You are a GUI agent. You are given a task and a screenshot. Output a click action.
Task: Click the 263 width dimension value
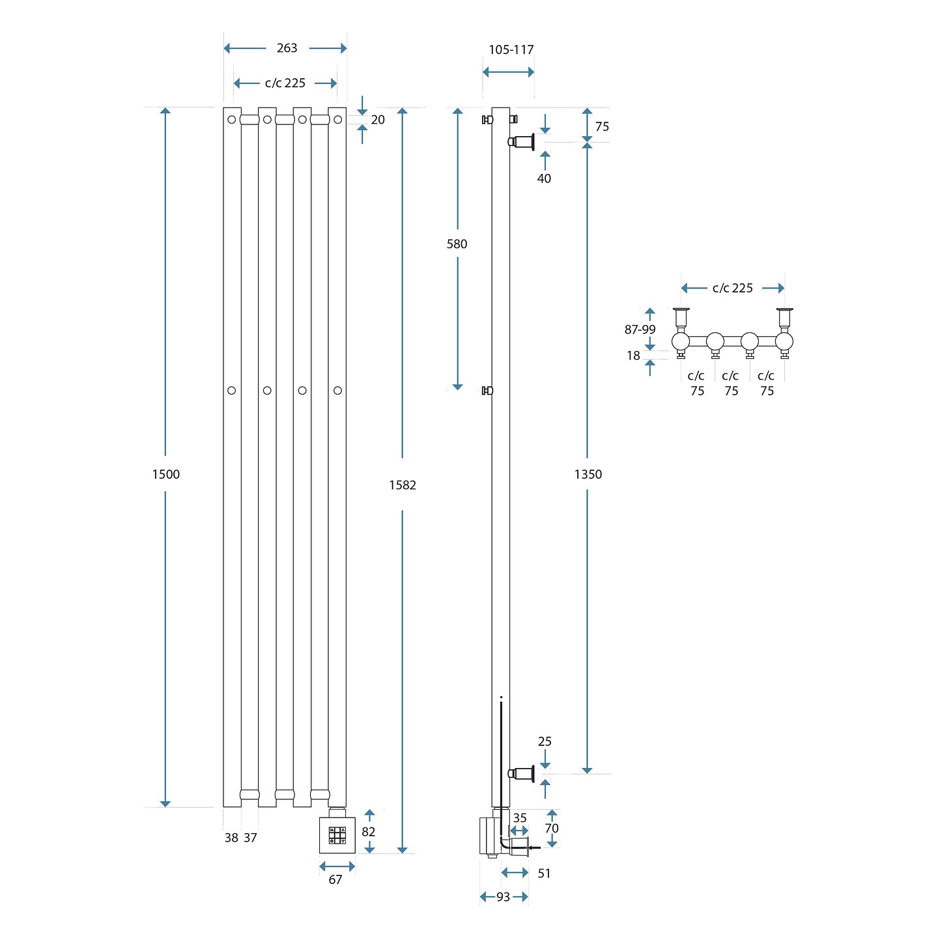point(287,48)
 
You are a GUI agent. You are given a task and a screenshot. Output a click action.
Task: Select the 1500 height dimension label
point(165,474)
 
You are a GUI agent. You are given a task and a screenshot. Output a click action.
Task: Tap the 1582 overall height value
point(402,485)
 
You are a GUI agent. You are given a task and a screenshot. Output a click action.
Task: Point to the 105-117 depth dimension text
point(511,50)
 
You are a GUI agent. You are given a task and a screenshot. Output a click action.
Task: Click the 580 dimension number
point(457,244)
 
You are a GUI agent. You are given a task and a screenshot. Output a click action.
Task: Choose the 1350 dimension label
point(588,474)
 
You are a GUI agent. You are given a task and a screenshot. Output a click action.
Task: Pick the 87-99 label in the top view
point(640,330)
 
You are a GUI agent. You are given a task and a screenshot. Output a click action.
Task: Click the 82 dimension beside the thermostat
point(369,832)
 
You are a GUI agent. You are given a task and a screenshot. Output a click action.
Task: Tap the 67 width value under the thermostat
point(335,880)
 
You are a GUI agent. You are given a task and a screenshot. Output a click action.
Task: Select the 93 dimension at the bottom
point(504,897)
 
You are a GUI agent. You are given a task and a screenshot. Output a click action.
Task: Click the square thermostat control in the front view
point(337,835)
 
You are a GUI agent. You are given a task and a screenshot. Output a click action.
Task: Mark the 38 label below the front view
point(231,838)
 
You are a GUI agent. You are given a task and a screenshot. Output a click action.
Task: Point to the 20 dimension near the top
point(378,120)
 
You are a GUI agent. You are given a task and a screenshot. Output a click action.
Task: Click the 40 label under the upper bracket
point(544,178)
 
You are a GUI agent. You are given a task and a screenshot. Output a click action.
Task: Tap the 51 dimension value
point(544,874)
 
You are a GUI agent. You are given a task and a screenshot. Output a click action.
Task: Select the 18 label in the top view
point(633,356)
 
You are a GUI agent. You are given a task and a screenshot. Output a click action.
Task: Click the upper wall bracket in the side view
point(522,141)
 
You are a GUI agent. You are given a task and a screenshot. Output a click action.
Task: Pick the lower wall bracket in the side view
point(522,773)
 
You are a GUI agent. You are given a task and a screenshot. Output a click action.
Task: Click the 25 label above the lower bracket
point(545,741)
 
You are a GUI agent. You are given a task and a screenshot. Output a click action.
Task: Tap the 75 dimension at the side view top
point(602,126)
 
